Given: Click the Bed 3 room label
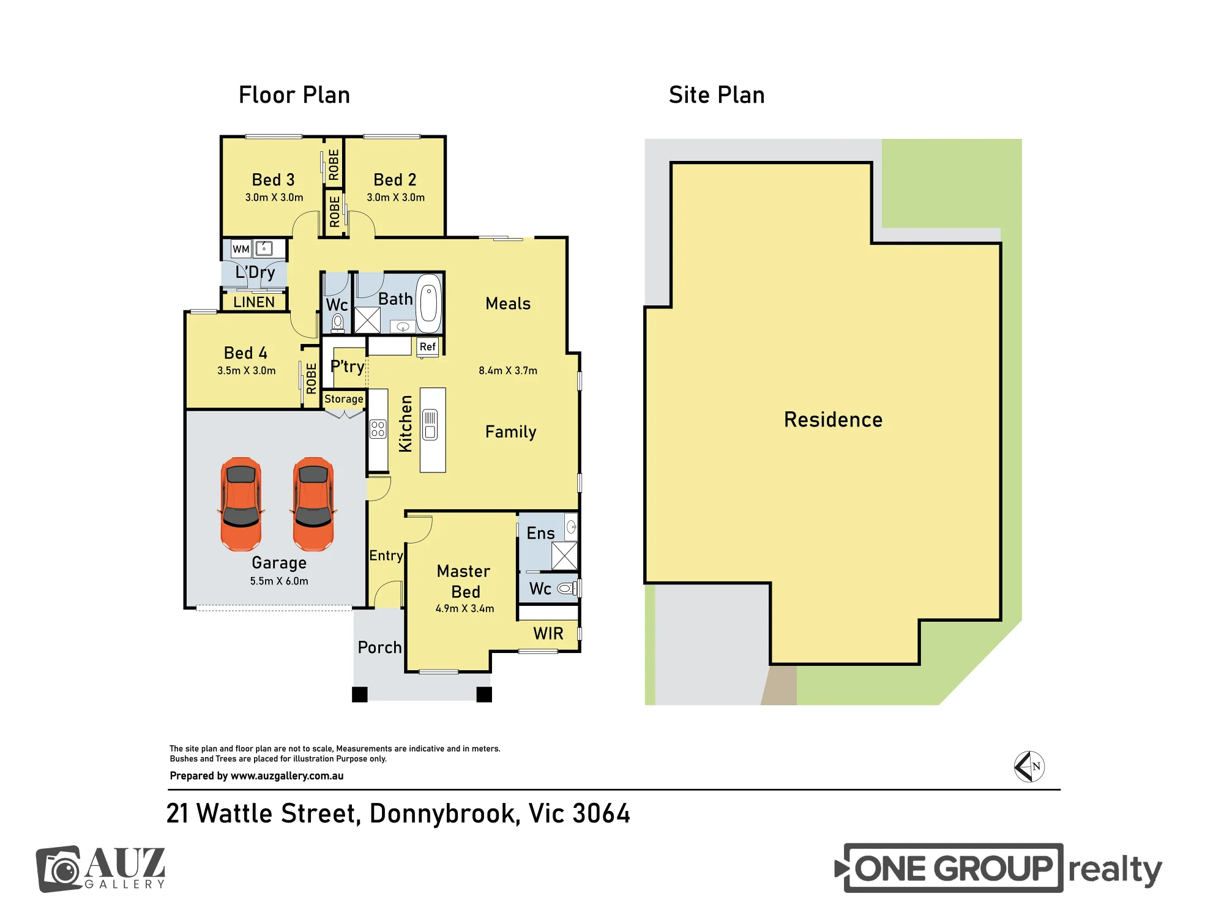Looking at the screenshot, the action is point(273,180).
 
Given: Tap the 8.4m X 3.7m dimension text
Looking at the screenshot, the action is point(508,371).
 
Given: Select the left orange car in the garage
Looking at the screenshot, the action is point(241,504).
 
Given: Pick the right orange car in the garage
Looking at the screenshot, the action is point(313,504).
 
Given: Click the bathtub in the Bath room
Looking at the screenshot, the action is point(428,299).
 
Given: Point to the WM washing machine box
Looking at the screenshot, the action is point(241,249).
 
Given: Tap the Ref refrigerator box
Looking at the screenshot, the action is point(428,347).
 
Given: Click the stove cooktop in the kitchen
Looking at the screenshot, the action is point(378,429).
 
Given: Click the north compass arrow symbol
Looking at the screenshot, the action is point(1029,767).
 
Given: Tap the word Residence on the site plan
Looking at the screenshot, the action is point(833,420).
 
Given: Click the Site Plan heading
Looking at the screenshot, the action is point(717,95).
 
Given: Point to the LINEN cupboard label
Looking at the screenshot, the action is point(254,302).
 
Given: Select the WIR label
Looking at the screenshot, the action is point(548,634).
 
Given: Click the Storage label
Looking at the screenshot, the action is point(343,399).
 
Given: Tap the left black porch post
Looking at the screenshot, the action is point(360,695).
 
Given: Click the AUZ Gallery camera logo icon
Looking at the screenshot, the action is point(59,869).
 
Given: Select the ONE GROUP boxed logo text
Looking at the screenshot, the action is point(953,868).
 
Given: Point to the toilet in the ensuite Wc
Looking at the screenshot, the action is point(567,589).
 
